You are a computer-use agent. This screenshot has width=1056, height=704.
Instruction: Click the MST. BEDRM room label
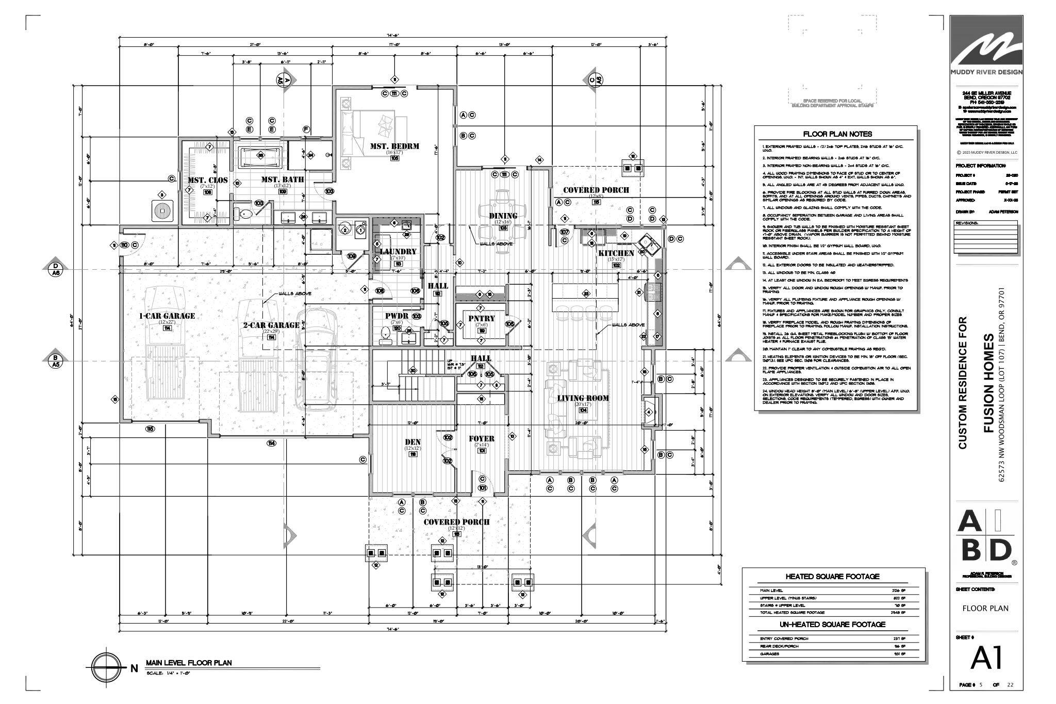tap(394, 146)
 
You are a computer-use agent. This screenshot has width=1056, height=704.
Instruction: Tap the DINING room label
tap(503, 216)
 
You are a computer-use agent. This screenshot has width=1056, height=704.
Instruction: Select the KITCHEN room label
tap(616, 253)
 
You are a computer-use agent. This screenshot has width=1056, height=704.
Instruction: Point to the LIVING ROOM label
tap(583, 398)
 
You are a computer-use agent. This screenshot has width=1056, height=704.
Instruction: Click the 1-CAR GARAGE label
tap(167, 316)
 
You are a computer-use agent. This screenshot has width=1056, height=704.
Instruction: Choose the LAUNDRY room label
tap(398, 252)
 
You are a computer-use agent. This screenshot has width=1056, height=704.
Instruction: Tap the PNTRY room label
tap(481, 318)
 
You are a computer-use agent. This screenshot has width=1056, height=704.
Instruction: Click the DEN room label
tap(412, 441)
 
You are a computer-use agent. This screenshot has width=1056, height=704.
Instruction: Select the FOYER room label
tap(481, 439)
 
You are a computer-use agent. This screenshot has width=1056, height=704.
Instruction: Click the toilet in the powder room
tap(385, 335)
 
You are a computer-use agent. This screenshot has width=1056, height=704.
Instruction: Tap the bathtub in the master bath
tap(260, 155)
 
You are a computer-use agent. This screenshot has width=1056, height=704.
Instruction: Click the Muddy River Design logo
tap(986, 46)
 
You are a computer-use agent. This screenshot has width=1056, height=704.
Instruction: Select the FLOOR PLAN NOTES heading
tap(836, 134)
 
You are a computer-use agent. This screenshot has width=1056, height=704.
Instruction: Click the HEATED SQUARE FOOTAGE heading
tap(832, 577)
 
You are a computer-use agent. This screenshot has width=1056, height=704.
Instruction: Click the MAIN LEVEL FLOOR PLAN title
tap(189, 663)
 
